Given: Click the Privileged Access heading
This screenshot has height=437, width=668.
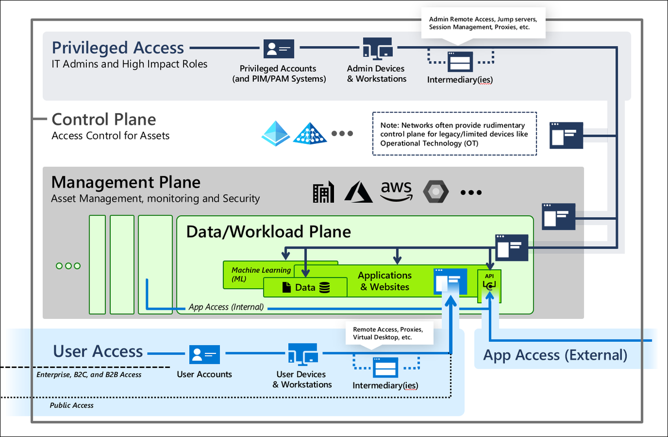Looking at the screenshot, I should point(117,48).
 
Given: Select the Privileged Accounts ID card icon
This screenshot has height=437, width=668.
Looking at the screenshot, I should point(278,49).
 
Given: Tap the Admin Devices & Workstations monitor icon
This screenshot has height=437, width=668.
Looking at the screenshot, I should point(377,49).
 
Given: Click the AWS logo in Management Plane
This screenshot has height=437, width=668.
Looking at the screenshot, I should point(396,191).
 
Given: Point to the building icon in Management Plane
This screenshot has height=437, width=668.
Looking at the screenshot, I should point(323,192).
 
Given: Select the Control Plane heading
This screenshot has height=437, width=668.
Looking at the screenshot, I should point(104,119).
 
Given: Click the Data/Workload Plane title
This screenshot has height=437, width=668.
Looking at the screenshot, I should point(268,231).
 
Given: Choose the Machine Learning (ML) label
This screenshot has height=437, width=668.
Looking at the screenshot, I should point(261,274).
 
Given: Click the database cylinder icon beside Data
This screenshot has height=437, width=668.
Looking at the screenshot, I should point(324,288).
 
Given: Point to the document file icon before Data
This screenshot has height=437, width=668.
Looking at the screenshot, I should point(286,288).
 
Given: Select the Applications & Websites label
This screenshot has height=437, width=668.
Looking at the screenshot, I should point(385,281).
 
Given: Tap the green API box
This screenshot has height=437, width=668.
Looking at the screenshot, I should point(489,285).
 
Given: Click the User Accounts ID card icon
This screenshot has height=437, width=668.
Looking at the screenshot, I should point(204,355).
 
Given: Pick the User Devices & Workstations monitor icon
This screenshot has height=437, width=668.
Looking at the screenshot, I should point(302,354).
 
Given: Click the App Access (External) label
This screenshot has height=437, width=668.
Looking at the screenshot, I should point(555,355).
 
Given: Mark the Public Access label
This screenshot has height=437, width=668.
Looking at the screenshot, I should point(72,405).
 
